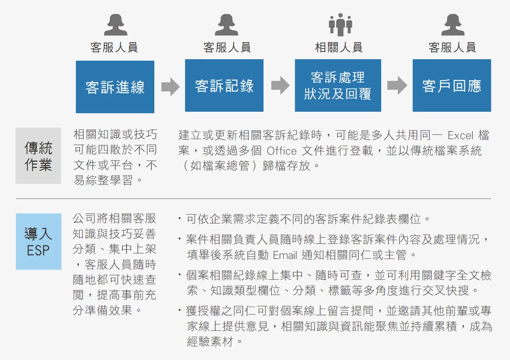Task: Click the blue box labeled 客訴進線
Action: point(115,87)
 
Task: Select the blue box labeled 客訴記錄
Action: point(224,85)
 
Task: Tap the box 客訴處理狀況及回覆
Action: point(338,85)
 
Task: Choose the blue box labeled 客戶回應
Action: point(452,85)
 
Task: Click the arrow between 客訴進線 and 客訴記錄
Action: point(170,87)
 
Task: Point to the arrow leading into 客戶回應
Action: point(397,85)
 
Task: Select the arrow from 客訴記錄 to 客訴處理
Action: point(280,85)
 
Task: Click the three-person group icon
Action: point(340,25)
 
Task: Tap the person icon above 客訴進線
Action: point(116,25)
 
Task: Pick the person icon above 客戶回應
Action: point(453,25)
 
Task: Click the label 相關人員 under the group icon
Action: point(339,48)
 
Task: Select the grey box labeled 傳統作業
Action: point(38,156)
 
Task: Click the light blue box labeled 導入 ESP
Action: point(39,242)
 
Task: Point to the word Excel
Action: point(460,135)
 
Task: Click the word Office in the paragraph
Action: point(281,151)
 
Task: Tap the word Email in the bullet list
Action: point(285,255)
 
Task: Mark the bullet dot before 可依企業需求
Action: point(179,218)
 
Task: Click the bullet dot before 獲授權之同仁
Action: point(179,310)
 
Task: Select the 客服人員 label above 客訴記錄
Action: point(227,48)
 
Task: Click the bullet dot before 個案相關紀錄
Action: point(179,275)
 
